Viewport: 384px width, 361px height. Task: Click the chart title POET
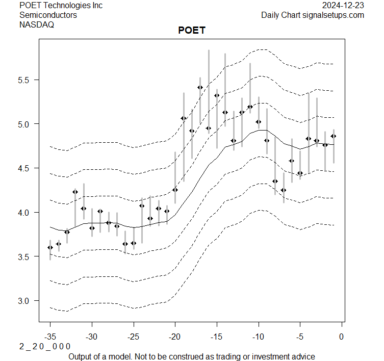pos(192,31)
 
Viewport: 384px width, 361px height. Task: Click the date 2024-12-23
pos(343,6)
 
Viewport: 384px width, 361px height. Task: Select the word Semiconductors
pos(48,15)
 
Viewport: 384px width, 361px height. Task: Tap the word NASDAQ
pos(37,25)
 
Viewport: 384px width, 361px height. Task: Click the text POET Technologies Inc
pos(61,6)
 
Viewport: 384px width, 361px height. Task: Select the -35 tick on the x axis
pos(50,336)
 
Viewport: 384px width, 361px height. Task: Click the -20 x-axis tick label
pos(175,336)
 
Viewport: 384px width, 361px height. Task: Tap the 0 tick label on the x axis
pos(341,336)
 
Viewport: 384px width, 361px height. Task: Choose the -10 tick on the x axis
pos(258,336)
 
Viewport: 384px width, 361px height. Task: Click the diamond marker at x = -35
pos(50,247)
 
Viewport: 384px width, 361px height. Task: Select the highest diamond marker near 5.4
pos(200,88)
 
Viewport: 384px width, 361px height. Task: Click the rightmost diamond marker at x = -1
pos(333,136)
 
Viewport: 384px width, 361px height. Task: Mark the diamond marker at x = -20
pos(175,190)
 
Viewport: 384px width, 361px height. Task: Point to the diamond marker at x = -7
pos(284,190)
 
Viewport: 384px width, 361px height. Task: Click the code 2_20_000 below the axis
pos(45,346)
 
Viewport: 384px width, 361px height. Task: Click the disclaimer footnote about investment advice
pos(191,356)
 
